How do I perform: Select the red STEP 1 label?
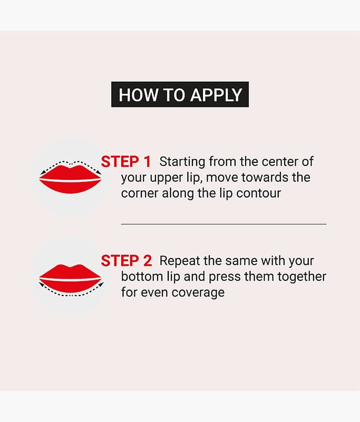tap(125, 162)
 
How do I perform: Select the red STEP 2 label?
tap(126, 261)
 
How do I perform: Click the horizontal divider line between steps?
tap(223, 224)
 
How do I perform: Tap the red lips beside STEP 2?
tap(70, 279)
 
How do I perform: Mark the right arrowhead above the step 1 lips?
tap(99, 172)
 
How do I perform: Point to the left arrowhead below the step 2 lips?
tap(42, 284)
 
